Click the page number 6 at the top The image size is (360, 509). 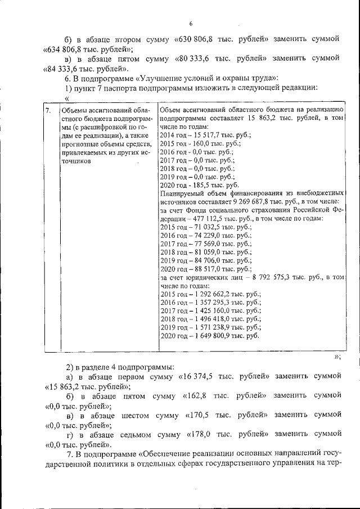(191, 23)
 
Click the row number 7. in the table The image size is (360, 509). (49, 110)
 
